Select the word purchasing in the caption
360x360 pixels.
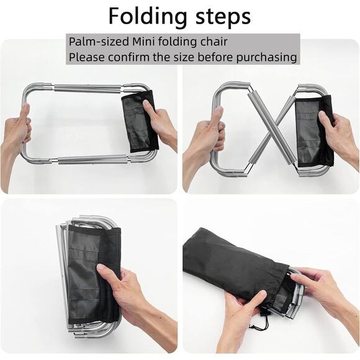(x=263, y=58)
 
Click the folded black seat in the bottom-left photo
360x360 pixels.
(x=87, y=267)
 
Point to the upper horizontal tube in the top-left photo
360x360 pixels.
(x=87, y=89)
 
